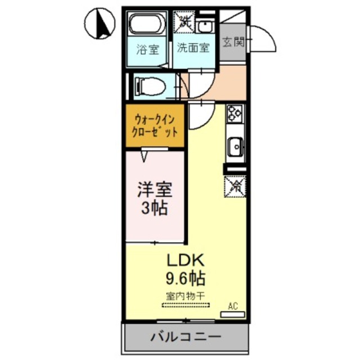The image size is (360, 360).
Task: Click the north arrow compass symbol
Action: [100, 24]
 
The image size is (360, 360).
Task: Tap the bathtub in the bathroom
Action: [147, 26]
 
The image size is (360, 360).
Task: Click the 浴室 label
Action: [148, 49]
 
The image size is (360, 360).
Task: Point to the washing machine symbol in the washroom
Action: [184, 22]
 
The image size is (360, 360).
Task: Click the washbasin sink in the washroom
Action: [206, 25]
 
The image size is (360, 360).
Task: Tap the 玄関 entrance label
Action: [232, 43]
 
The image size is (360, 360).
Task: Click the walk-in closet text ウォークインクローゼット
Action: [156, 126]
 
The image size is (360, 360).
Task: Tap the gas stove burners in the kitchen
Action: [234, 114]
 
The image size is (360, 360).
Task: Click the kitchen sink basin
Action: [235, 147]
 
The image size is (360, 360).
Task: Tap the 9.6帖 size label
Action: [186, 277]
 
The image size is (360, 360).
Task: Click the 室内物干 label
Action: [186, 295]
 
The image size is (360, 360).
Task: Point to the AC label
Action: [232, 306]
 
